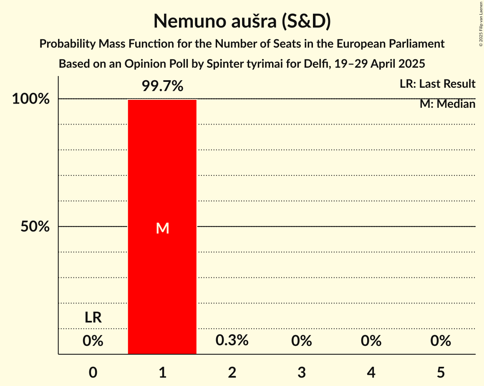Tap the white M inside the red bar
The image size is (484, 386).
pyautogui.click(x=162, y=228)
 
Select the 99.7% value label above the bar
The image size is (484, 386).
pyautogui.click(x=162, y=86)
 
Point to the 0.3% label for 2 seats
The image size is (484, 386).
pyautogui.click(x=232, y=340)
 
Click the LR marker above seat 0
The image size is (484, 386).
pyautogui.click(x=93, y=318)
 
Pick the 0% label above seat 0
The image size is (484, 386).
pyautogui.click(x=93, y=341)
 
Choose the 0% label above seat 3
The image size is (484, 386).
pyautogui.click(x=302, y=341)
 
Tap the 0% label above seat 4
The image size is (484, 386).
pyautogui.click(x=371, y=341)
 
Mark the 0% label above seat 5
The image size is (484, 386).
pyautogui.click(x=441, y=341)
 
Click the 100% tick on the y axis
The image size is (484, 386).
pyautogui.click(x=31, y=99)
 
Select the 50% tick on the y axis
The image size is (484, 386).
pyautogui.click(x=35, y=227)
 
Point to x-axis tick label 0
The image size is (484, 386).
pyautogui.click(x=93, y=372)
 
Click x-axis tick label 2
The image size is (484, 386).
pyautogui.click(x=232, y=372)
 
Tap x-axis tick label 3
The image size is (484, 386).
pyautogui.click(x=302, y=372)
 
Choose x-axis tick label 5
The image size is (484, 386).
pyautogui.click(x=441, y=372)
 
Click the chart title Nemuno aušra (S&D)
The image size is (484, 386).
pyautogui.click(x=242, y=21)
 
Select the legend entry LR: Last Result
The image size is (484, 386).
pyautogui.click(x=437, y=84)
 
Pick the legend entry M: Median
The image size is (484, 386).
pyautogui.click(x=447, y=104)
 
